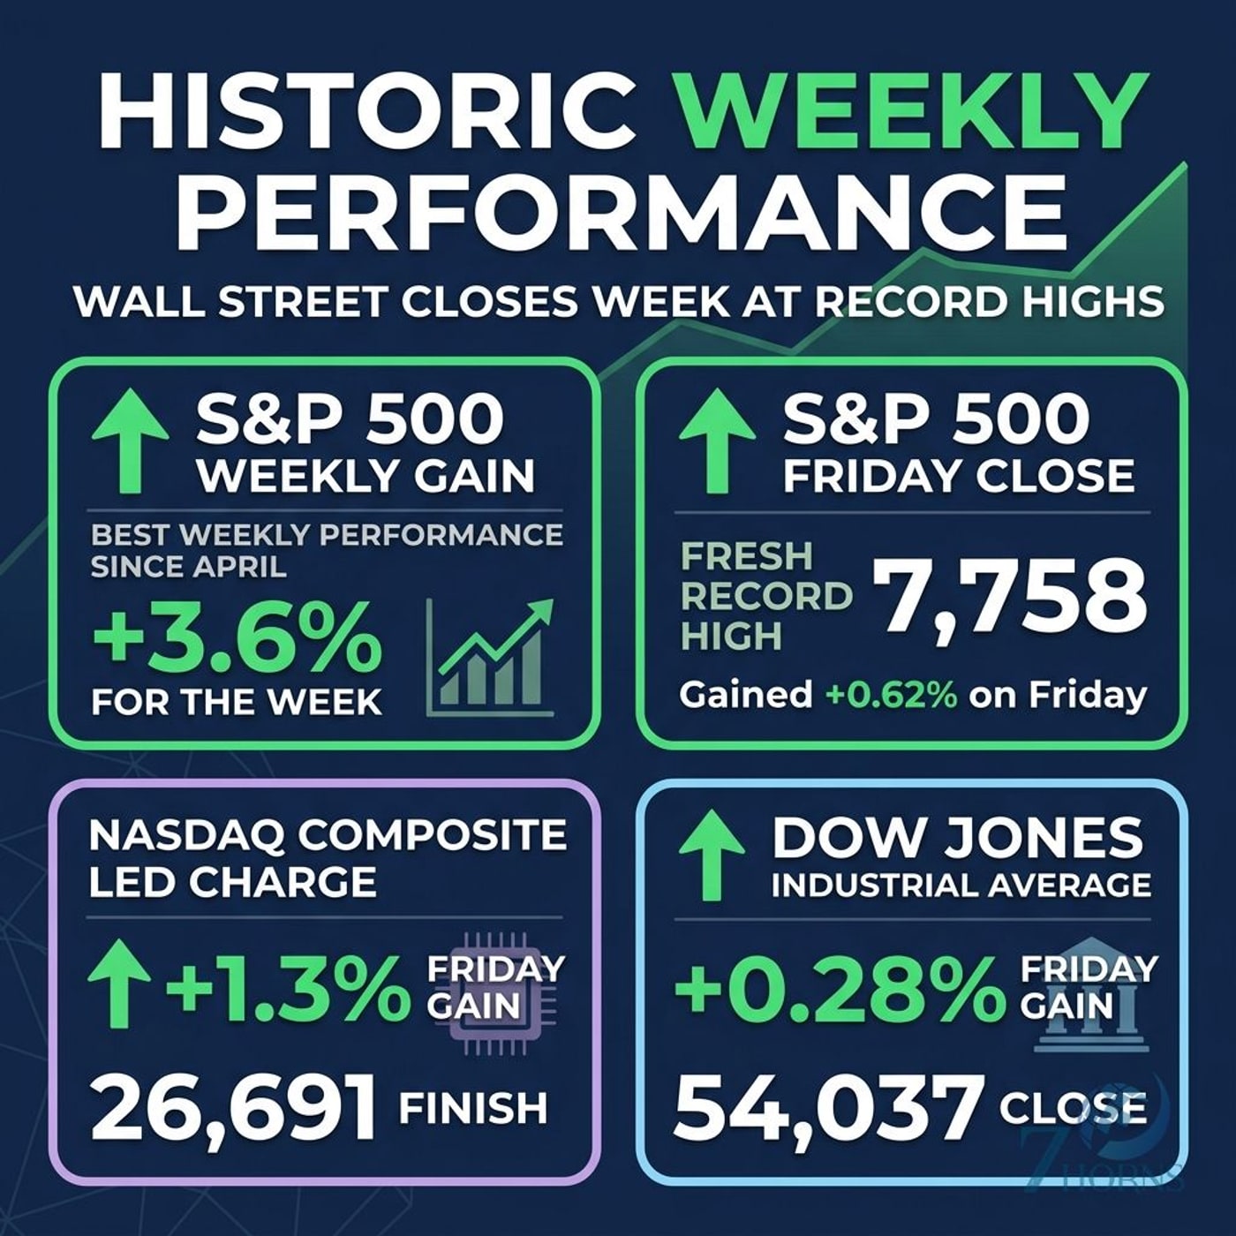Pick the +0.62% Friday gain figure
point(892,696)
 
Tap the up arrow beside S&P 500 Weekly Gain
point(130,443)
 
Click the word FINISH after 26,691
point(473,1108)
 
